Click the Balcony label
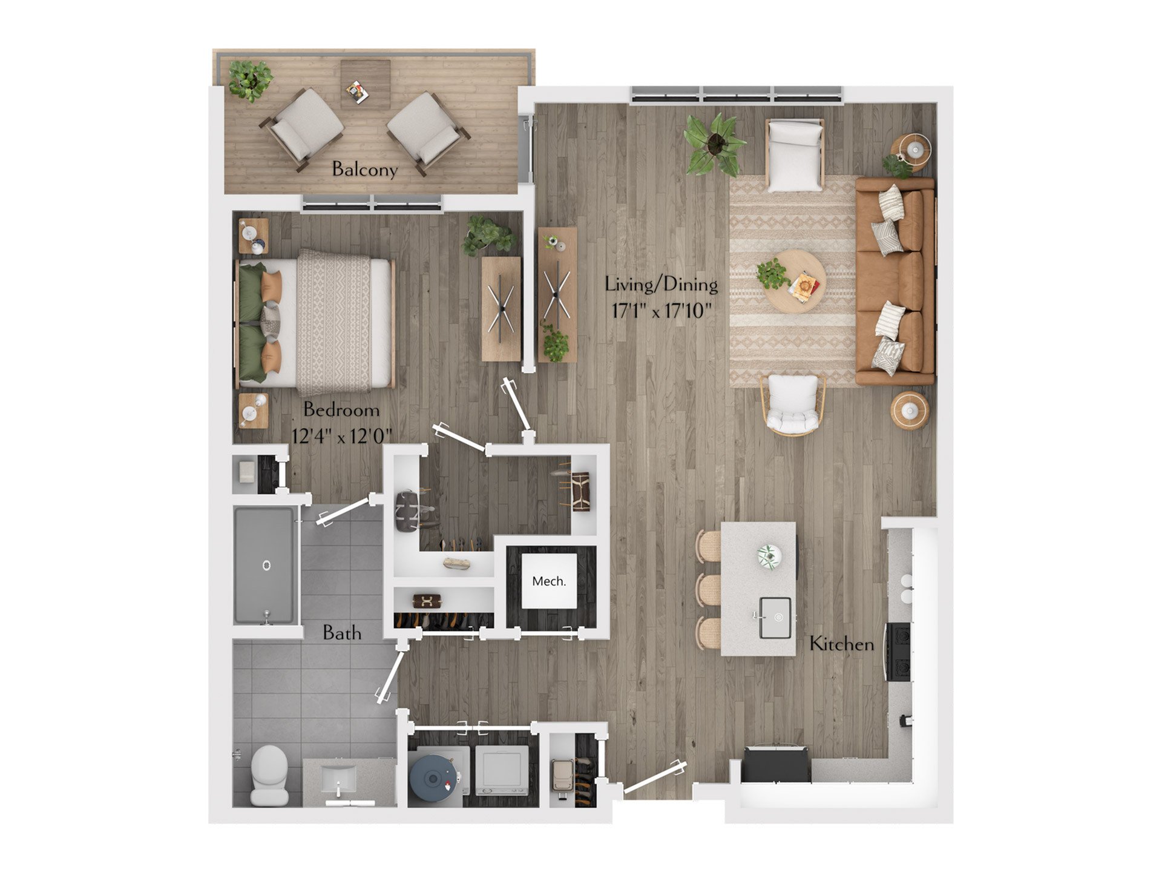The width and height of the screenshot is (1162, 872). [364, 169]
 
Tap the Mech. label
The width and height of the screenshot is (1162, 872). [549, 581]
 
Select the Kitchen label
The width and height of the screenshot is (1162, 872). [842, 644]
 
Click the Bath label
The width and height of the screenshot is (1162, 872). [342, 633]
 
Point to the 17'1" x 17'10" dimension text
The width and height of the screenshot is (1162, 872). [661, 311]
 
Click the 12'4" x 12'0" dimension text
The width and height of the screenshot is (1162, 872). [342, 435]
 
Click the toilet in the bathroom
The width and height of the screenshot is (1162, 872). [269, 775]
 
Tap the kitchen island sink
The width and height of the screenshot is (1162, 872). [775, 618]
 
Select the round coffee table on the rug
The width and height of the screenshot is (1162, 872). [793, 282]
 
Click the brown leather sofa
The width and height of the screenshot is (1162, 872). [895, 282]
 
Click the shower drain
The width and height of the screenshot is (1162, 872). [266, 566]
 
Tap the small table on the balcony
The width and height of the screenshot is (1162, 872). [365, 84]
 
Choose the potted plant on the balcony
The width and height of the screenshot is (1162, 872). [250, 79]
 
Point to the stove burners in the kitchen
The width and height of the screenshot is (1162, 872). [899, 652]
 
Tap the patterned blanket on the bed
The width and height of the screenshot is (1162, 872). [333, 322]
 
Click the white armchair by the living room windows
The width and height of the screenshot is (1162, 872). [794, 154]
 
